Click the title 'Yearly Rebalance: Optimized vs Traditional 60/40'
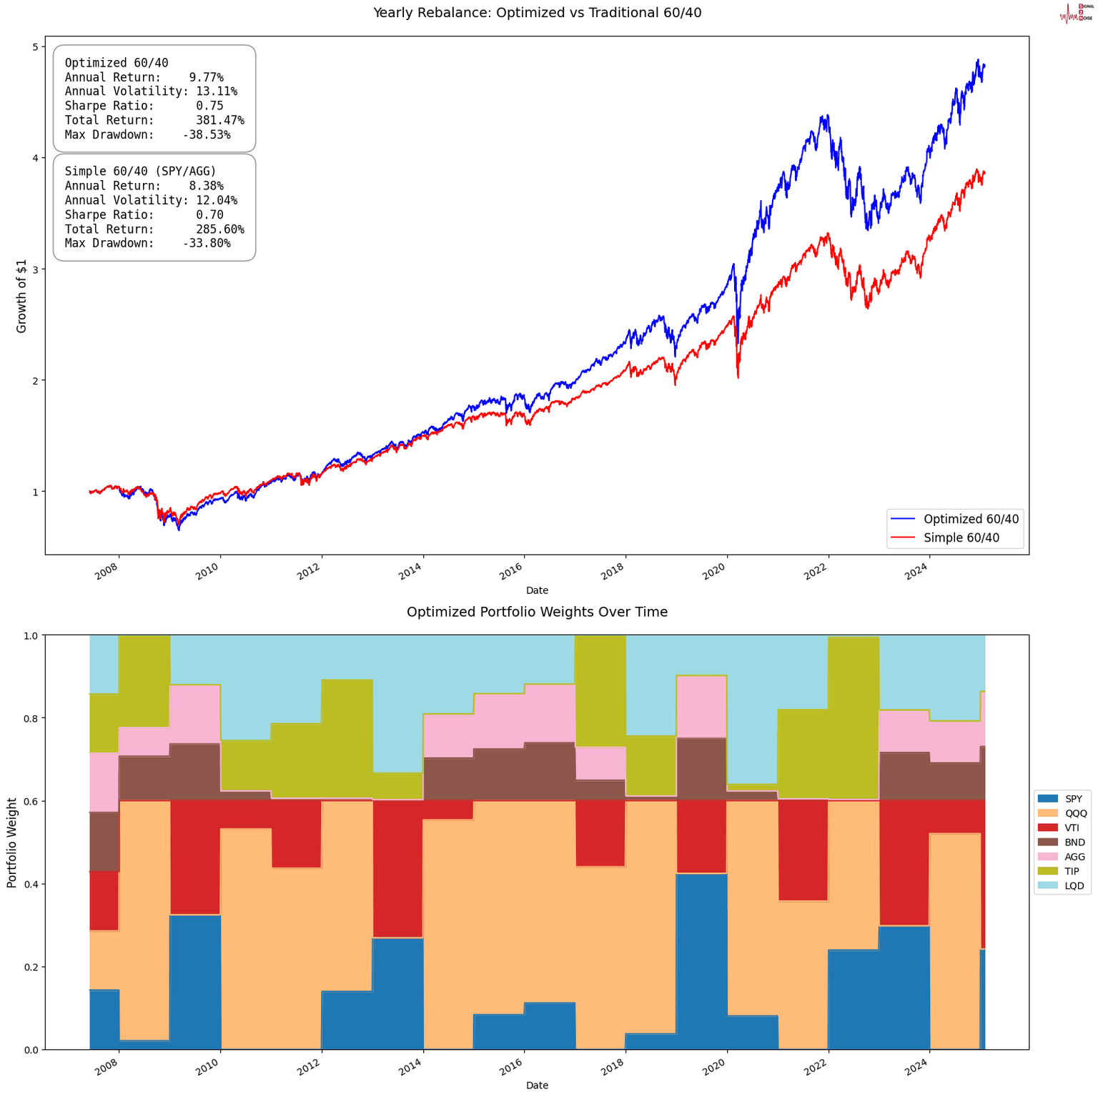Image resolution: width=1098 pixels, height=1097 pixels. [537, 12]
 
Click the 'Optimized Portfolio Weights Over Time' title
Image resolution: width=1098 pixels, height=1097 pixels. [537, 612]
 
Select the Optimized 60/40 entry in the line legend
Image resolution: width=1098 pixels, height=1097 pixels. [971, 519]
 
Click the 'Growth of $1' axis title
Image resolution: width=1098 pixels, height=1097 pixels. [21, 294]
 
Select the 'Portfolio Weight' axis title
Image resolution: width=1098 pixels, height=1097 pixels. [12, 842]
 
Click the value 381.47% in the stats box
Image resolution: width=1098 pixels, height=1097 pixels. [219, 120]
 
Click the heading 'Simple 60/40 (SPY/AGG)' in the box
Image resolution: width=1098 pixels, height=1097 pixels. [140, 171]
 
